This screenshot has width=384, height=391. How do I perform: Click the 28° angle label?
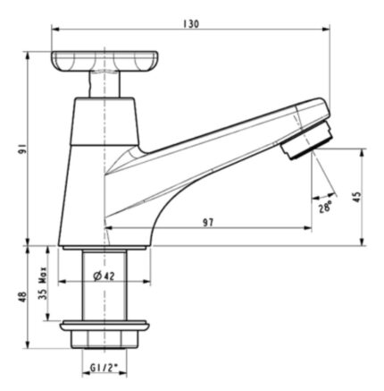[324, 208]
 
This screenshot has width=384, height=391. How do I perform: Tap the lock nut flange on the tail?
[106, 321]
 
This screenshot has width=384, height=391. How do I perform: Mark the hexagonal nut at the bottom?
[106, 340]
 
